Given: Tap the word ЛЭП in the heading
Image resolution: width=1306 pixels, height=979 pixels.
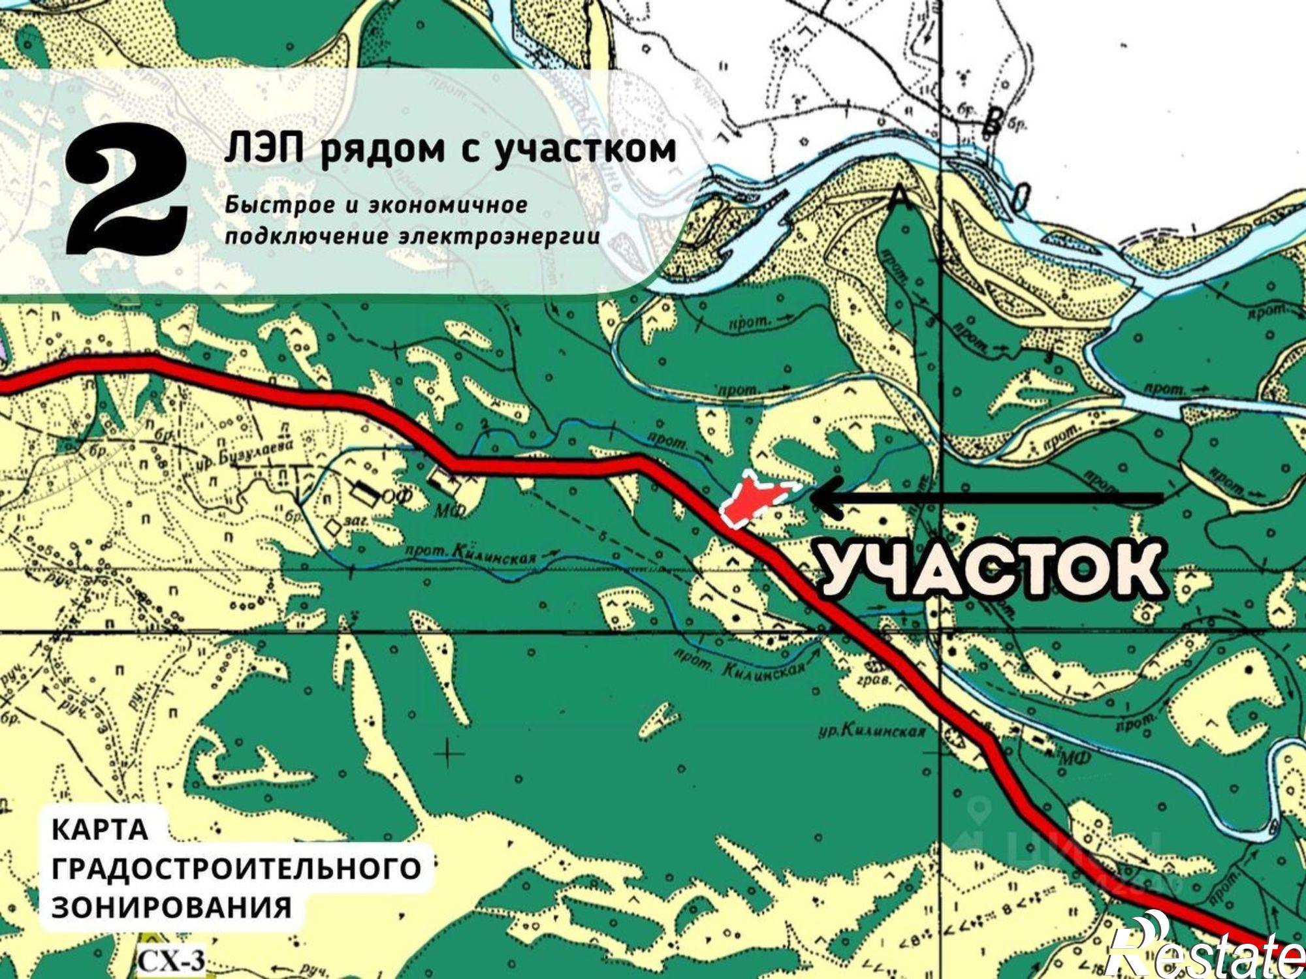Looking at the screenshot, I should point(264,149).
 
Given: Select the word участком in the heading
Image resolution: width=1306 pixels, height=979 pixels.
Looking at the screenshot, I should point(584,149).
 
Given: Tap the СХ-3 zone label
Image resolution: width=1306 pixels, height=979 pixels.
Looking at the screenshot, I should point(171,961).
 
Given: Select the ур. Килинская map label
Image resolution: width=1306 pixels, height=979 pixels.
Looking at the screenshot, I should point(872,731).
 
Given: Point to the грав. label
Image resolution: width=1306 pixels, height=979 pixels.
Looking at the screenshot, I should point(874,680).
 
